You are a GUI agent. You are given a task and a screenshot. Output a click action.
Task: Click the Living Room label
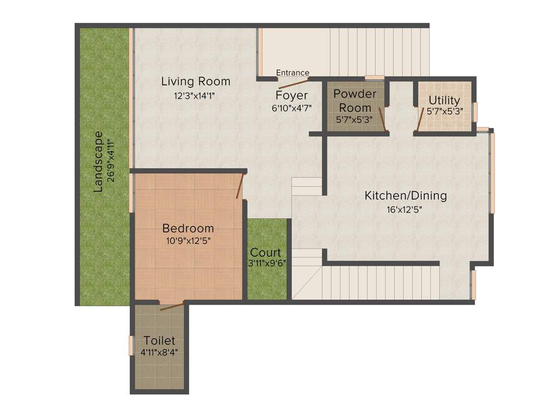pyautogui.click(x=195, y=81)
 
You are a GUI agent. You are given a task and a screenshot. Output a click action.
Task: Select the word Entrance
pyautogui.click(x=293, y=73)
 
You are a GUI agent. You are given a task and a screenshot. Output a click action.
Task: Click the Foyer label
pyautogui.click(x=292, y=96)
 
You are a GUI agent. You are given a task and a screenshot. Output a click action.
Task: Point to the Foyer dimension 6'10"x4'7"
pyautogui.click(x=292, y=108)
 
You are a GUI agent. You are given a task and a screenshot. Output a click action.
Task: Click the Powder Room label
pyautogui.click(x=355, y=100)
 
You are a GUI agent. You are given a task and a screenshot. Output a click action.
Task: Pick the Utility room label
pyautogui.click(x=444, y=100)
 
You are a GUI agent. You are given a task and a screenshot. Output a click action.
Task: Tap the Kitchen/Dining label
pyautogui.click(x=406, y=195)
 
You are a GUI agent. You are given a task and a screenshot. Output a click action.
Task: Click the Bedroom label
pyautogui.click(x=188, y=228)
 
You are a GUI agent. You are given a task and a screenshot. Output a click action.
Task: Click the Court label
pyautogui.click(x=266, y=252)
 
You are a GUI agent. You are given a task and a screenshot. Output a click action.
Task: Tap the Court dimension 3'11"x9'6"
pyautogui.click(x=267, y=263)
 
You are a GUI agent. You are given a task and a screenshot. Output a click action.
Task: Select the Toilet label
pyautogui.click(x=159, y=340)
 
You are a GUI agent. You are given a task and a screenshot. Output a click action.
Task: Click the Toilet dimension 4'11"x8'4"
pyautogui.click(x=159, y=352)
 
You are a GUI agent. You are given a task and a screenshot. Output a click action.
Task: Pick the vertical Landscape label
pyautogui.click(x=98, y=162)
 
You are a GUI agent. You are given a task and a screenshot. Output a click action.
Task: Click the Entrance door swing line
pyautogui.click(x=294, y=83)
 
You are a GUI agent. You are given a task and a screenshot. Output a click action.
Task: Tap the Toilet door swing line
pyautogui.click(x=172, y=306)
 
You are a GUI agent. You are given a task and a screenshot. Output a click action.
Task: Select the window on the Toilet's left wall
pyautogui.click(x=131, y=346)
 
